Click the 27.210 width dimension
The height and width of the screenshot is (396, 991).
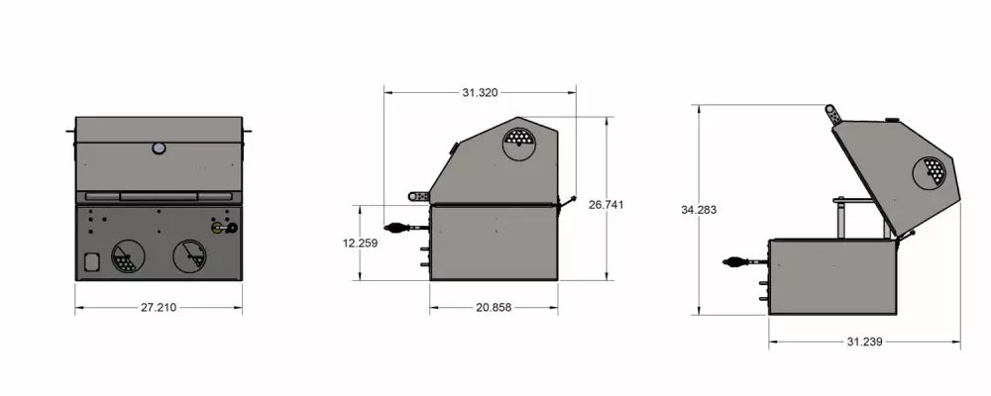158,308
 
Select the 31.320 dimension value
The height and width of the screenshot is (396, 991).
480,92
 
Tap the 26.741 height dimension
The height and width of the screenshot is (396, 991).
606,204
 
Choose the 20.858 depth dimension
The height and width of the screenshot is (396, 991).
494,308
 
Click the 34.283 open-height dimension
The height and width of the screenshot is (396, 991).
699,210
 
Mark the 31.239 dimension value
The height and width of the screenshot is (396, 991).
865,342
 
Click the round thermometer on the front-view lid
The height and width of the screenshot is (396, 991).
159,148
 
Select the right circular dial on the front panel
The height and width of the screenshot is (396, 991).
189,255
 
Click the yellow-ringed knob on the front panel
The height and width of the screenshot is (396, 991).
217,228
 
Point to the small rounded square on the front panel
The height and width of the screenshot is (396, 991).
92,262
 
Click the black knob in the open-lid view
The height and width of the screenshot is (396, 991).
738,262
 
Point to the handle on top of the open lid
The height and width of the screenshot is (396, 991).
833,114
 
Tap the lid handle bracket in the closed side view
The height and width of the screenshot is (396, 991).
420,195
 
